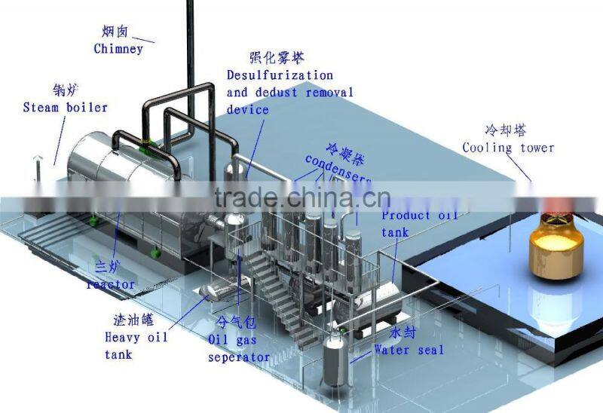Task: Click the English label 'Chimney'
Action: [118, 49]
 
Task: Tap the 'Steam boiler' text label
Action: [65, 107]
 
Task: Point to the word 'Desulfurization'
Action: [280, 75]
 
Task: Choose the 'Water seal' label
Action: [409, 350]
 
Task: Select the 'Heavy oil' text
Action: [136, 338]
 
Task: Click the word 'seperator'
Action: [238, 356]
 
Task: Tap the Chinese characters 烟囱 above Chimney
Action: [115, 32]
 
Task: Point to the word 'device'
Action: [248, 109]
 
